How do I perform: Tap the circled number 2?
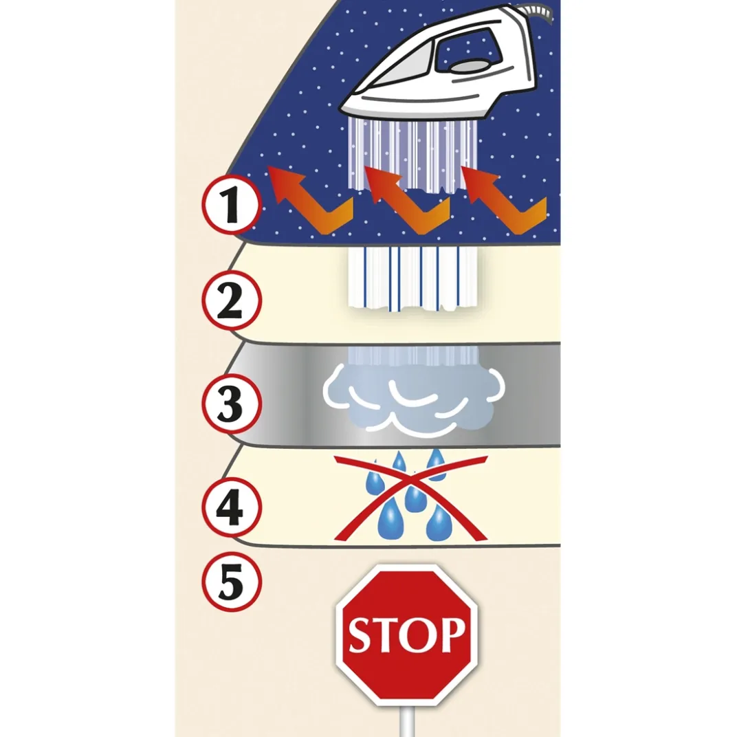click(x=231, y=300)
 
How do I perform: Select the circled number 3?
click(x=231, y=404)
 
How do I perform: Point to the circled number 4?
click(x=231, y=507)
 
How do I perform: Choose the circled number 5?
click(x=231, y=582)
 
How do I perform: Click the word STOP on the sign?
click(x=407, y=635)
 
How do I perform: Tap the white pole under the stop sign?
click(x=407, y=721)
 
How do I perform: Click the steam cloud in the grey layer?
click(x=414, y=399)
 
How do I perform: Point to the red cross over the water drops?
click(x=410, y=497)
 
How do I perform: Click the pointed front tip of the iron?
click(x=342, y=107)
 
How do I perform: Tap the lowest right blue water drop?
click(x=437, y=522)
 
